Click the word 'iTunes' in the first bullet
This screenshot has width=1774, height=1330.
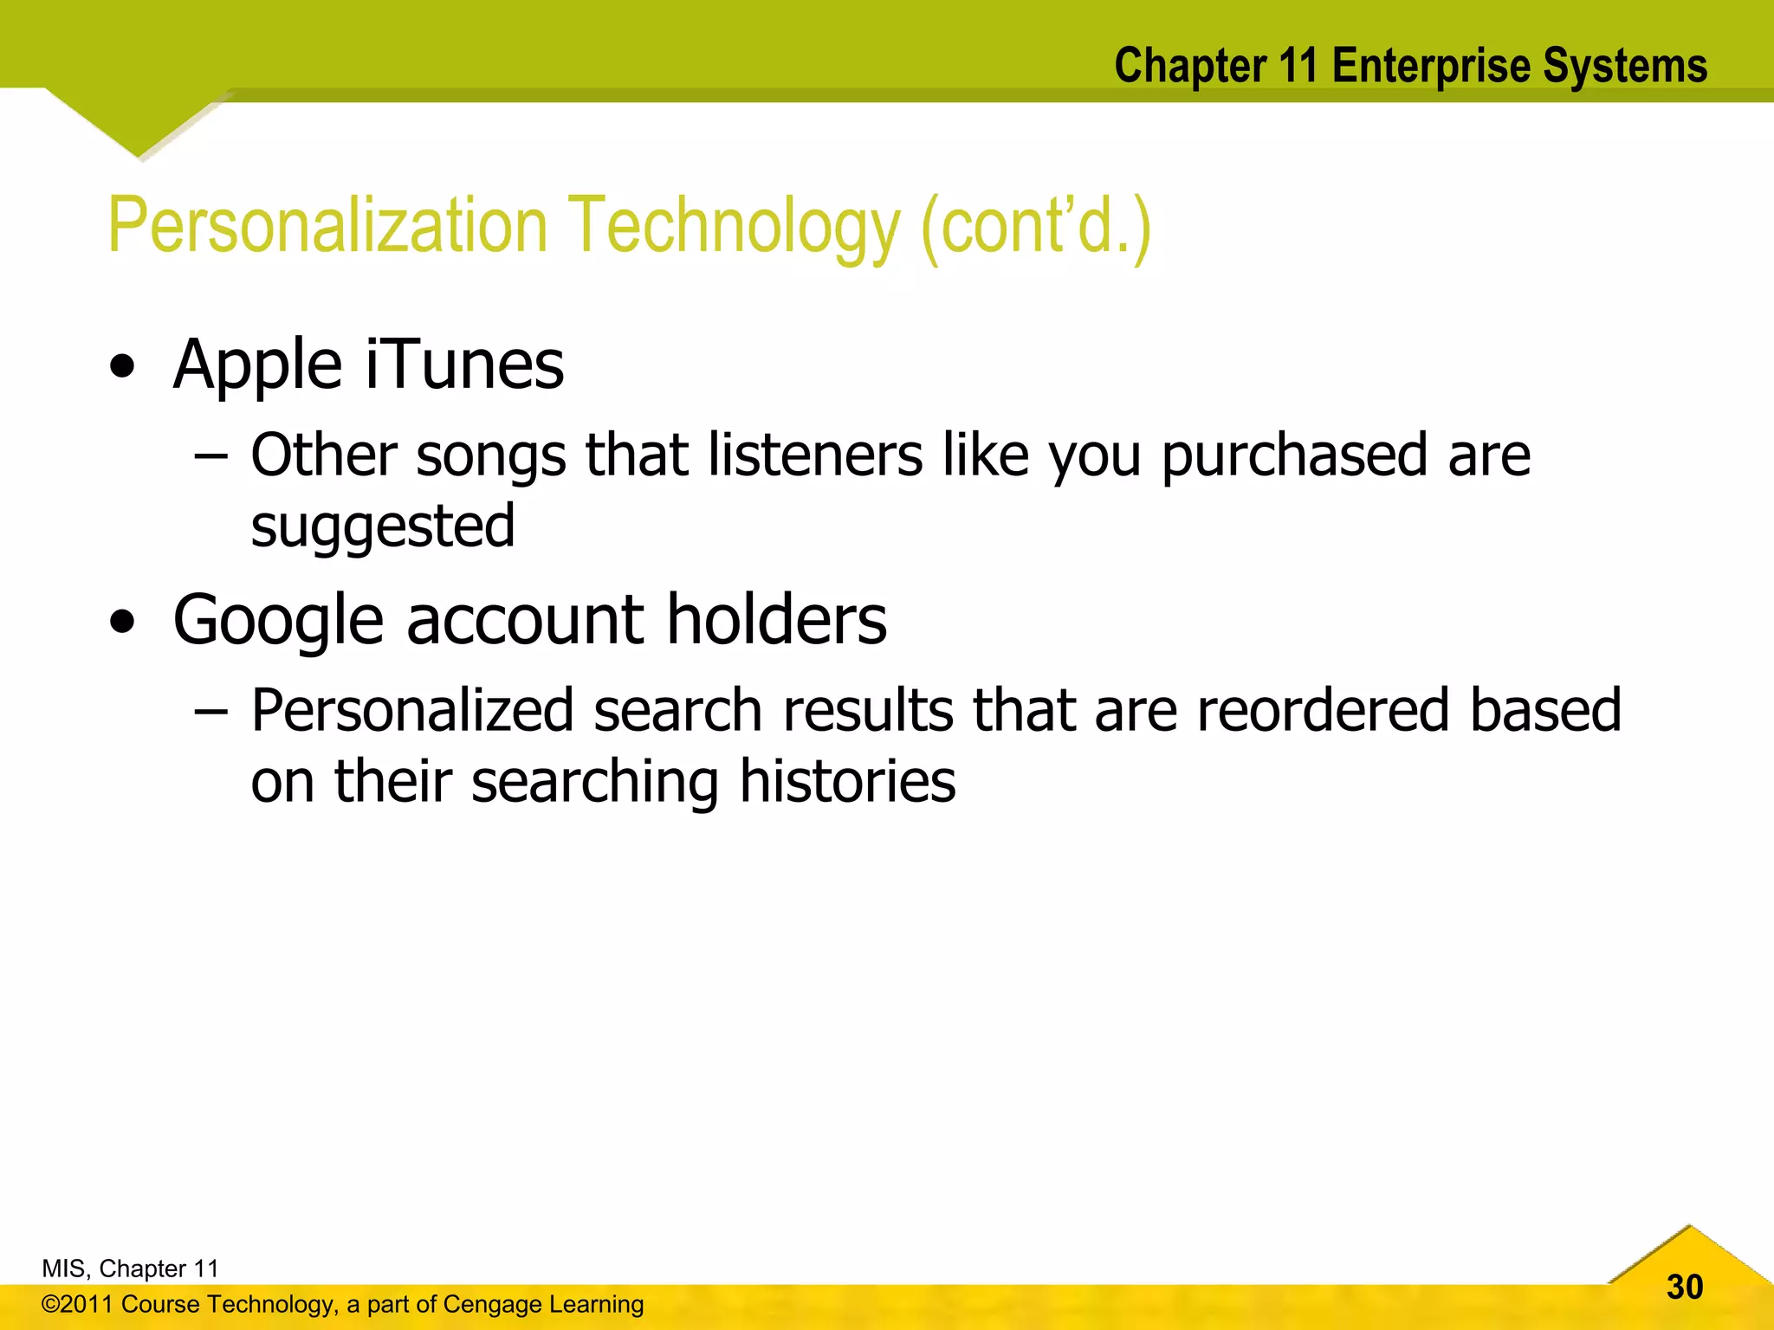click(x=464, y=364)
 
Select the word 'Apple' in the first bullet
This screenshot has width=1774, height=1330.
click(x=257, y=365)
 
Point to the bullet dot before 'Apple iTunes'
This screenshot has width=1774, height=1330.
click(x=123, y=367)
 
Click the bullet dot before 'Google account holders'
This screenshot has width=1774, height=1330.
click(x=123, y=622)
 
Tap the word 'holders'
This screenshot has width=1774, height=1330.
click(x=776, y=620)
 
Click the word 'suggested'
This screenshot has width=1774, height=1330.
click(x=382, y=526)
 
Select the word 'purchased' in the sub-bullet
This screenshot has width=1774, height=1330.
click(x=1294, y=455)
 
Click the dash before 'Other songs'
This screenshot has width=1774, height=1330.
click(x=210, y=457)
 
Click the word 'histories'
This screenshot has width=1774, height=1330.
click(x=847, y=781)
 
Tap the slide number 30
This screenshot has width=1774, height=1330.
click(x=1684, y=1287)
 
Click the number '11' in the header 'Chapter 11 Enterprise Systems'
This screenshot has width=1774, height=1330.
click(x=1298, y=66)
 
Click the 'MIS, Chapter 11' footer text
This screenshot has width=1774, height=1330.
click(x=130, y=1269)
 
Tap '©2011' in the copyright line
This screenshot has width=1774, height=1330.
click(x=78, y=1304)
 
